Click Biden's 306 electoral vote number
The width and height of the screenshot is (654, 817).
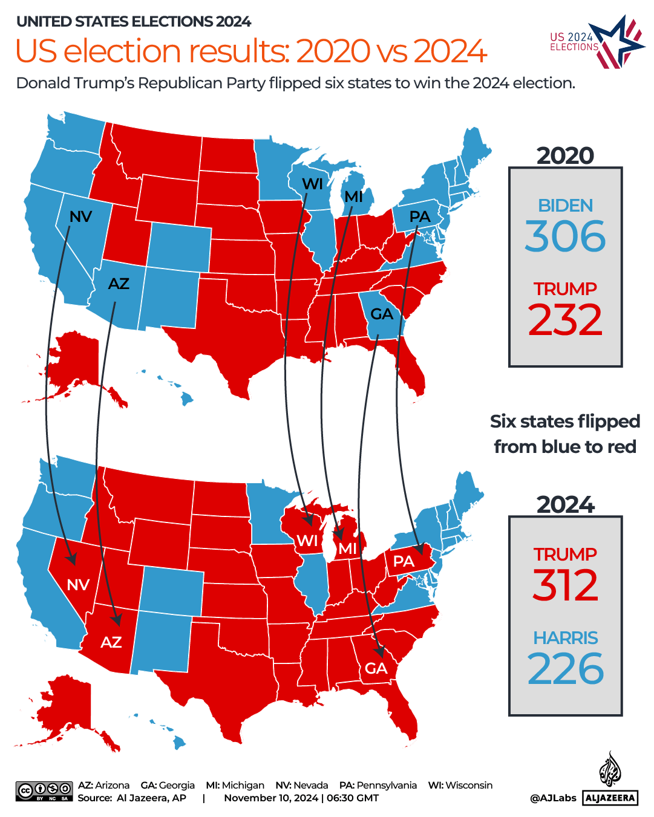[x=565, y=236]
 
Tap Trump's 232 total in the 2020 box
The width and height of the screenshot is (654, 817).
[x=565, y=320]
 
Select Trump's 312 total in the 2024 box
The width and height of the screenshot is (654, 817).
[x=565, y=585]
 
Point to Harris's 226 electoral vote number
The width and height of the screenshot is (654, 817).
[x=565, y=669]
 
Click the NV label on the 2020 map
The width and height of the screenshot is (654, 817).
[x=80, y=216]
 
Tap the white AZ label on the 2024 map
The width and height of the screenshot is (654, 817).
[x=111, y=642]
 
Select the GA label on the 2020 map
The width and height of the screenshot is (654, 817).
[x=382, y=314]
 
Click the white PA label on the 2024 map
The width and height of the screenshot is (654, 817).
[x=404, y=561]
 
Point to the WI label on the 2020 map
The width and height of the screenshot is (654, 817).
[x=312, y=184]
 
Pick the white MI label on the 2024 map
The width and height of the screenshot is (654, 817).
[x=348, y=548]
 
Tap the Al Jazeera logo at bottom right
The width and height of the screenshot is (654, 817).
[x=610, y=780]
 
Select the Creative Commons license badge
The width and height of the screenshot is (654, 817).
[x=44, y=791]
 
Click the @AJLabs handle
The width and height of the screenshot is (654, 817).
[x=553, y=798]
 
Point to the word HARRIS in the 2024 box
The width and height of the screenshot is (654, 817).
[x=565, y=638]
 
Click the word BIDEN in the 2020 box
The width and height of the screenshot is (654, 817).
[x=565, y=206]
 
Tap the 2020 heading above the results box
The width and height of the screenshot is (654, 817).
[x=565, y=155]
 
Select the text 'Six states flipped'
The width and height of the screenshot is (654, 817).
[x=564, y=421]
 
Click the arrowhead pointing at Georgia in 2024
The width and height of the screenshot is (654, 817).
[x=380, y=652]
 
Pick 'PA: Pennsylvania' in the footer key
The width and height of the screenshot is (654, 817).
[x=378, y=785]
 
